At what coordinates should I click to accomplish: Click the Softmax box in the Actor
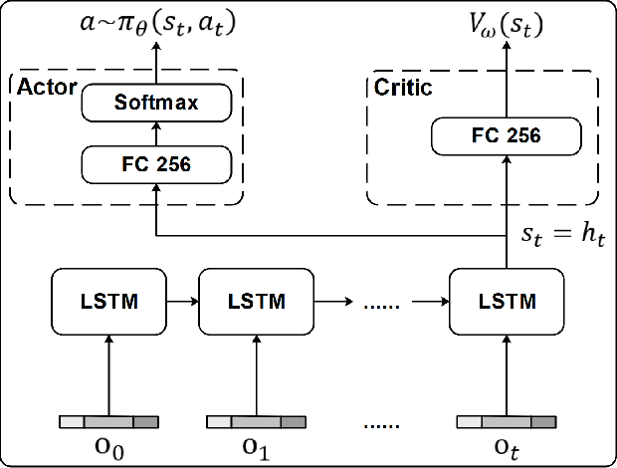coord(155,103)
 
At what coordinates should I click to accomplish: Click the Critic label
coord(402,89)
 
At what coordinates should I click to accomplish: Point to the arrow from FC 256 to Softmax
coord(155,131)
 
